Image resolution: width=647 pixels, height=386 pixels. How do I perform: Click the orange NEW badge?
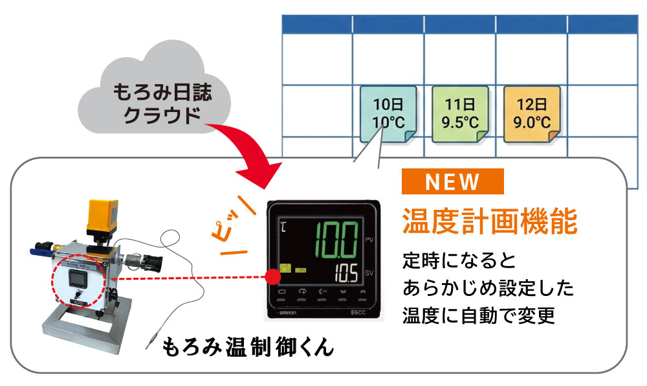click(452, 182)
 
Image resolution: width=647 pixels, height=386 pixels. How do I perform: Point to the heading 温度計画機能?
click(489, 221)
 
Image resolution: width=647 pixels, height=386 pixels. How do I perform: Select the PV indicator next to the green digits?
click(369, 240)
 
